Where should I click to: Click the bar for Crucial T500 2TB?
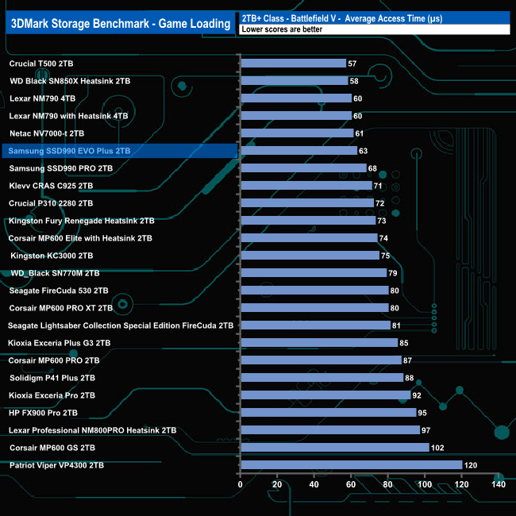tap(293, 63)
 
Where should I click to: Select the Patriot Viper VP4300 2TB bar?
tap(351, 464)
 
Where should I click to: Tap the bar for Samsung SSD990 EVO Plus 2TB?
tap(298, 150)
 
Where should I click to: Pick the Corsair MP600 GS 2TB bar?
tap(334, 447)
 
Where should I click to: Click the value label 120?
tap(472, 464)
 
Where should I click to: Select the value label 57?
tap(352, 63)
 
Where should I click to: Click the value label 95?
tap(422, 412)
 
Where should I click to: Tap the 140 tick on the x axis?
tap(499, 484)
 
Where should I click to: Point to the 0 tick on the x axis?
tap(241, 484)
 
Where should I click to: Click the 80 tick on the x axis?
tap(388, 484)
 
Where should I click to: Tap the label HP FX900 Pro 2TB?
tap(43, 412)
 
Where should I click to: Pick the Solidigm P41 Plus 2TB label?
tap(52, 377)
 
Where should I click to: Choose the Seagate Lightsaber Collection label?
tap(121, 325)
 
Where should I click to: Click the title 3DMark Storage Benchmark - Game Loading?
tap(120, 21)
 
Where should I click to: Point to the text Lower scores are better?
tap(279, 29)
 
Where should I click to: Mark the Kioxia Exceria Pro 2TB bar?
tap(325, 395)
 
